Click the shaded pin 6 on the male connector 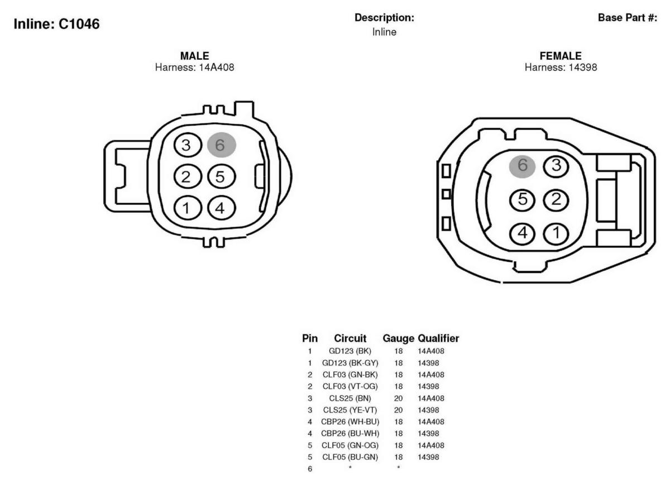(x=222, y=145)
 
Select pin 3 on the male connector (x=188, y=145)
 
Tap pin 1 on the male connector (x=188, y=208)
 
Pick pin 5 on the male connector (x=221, y=176)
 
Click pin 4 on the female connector (x=522, y=233)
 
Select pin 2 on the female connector (x=556, y=199)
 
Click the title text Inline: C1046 (x=56, y=24)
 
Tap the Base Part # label (x=627, y=18)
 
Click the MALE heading (x=194, y=56)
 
